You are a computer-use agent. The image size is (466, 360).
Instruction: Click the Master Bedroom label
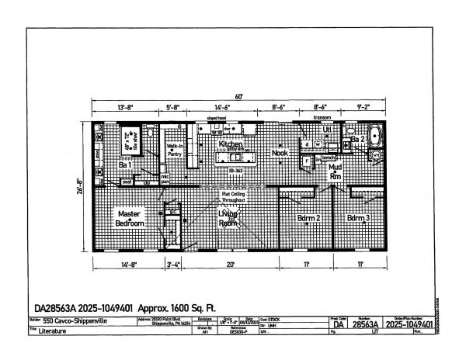coord(130,218)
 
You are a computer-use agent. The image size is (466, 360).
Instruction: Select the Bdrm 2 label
coord(309,218)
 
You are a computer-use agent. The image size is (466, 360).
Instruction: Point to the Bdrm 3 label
coord(359,218)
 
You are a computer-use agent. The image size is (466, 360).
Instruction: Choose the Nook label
coord(280,153)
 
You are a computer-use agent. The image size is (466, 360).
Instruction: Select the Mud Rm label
coord(335,171)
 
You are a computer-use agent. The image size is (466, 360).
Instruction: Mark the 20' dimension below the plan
coord(231,265)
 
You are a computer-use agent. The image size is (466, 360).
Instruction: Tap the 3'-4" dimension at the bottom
coord(173,265)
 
